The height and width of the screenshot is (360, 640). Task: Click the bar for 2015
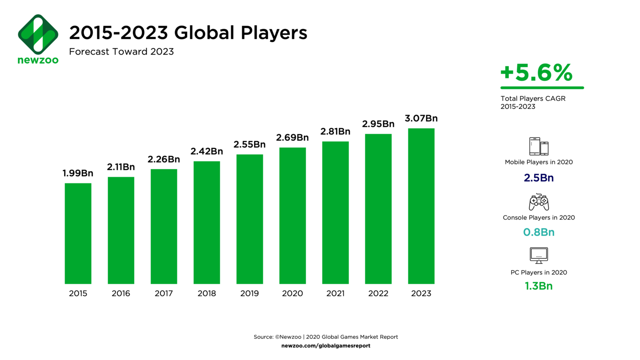(x=78, y=233)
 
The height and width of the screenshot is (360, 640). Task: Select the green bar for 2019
(x=250, y=219)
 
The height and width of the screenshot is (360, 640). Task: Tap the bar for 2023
(x=421, y=206)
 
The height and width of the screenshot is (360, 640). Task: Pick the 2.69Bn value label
(x=292, y=137)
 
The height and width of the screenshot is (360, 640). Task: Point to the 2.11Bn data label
(x=121, y=167)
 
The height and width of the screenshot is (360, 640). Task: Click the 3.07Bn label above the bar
(x=421, y=118)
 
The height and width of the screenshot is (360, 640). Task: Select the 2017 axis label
(x=164, y=293)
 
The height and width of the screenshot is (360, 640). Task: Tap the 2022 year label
(x=378, y=293)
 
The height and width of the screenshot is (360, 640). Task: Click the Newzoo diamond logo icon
(x=38, y=34)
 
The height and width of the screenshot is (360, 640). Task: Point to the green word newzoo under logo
(x=38, y=60)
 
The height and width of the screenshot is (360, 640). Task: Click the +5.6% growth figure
(x=537, y=72)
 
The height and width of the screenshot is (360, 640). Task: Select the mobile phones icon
(x=539, y=146)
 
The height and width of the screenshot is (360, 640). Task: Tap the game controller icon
(x=539, y=202)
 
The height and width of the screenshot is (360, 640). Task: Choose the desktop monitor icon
(x=539, y=255)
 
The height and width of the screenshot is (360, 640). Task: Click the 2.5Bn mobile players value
(x=539, y=178)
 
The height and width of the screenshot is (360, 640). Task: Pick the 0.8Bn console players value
(x=539, y=232)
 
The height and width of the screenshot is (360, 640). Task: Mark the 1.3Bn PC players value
(x=539, y=286)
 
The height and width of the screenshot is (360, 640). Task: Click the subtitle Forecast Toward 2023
(x=121, y=52)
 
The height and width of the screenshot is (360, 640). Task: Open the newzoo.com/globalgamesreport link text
(x=326, y=345)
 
